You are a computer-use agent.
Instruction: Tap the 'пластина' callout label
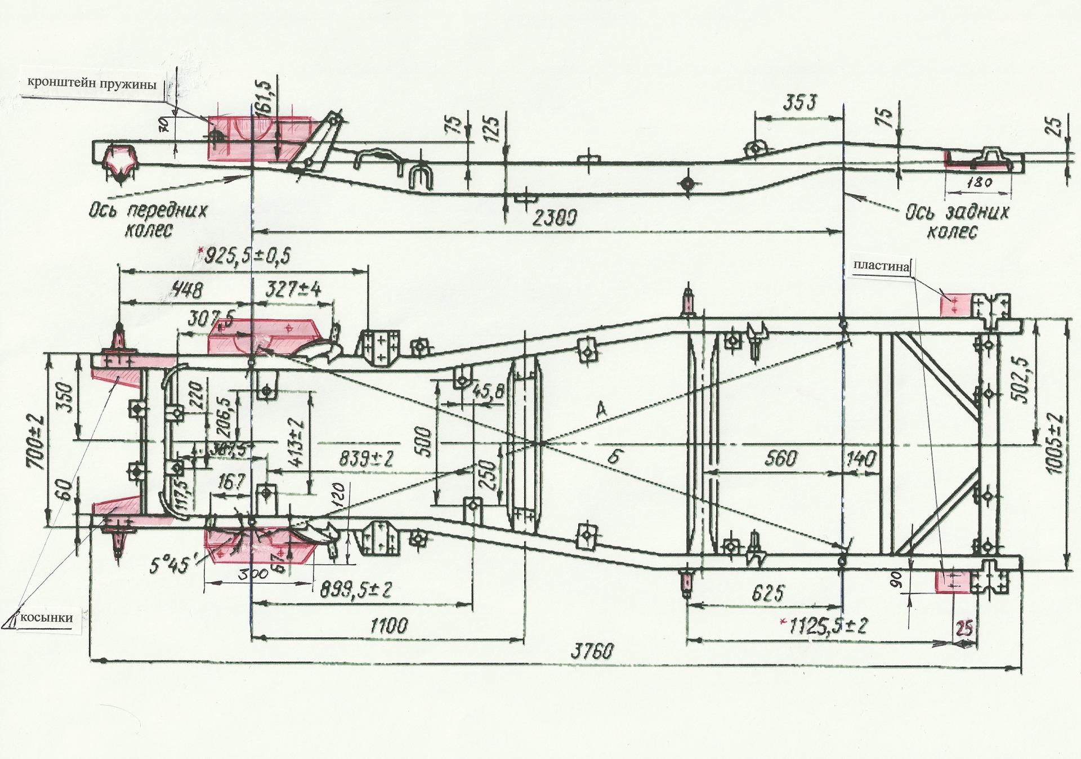pos(881,266)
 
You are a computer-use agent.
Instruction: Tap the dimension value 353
pos(799,103)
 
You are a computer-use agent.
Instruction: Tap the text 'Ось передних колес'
pos(148,220)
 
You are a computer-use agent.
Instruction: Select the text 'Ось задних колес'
pos(957,221)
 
